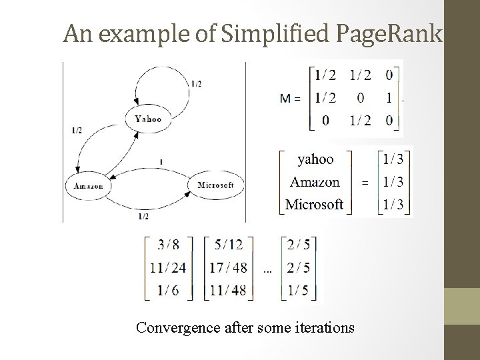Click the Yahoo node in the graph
pyautogui.click(x=148, y=119)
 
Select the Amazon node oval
pyautogui.click(x=88, y=186)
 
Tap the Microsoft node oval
pyautogui.click(x=215, y=185)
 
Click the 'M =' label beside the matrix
pyautogui.click(x=290, y=98)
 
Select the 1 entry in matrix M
pyautogui.click(x=389, y=98)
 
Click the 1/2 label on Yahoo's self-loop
pyautogui.click(x=196, y=83)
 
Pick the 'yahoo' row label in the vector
pyautogui.click(x=315, y=159)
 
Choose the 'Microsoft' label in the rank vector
pyautogui.click(x=314, y=203)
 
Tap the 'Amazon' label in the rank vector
pyautogui.click(x=315, y=181)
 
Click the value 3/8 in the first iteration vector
pyautogui.click(x=168, y=245)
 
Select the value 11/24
pyautogui.click(x=168, y=267)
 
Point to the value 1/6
pyautogui.click(x=168, y=290)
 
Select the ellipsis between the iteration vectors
pyautogui.click(x=267, y=271)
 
